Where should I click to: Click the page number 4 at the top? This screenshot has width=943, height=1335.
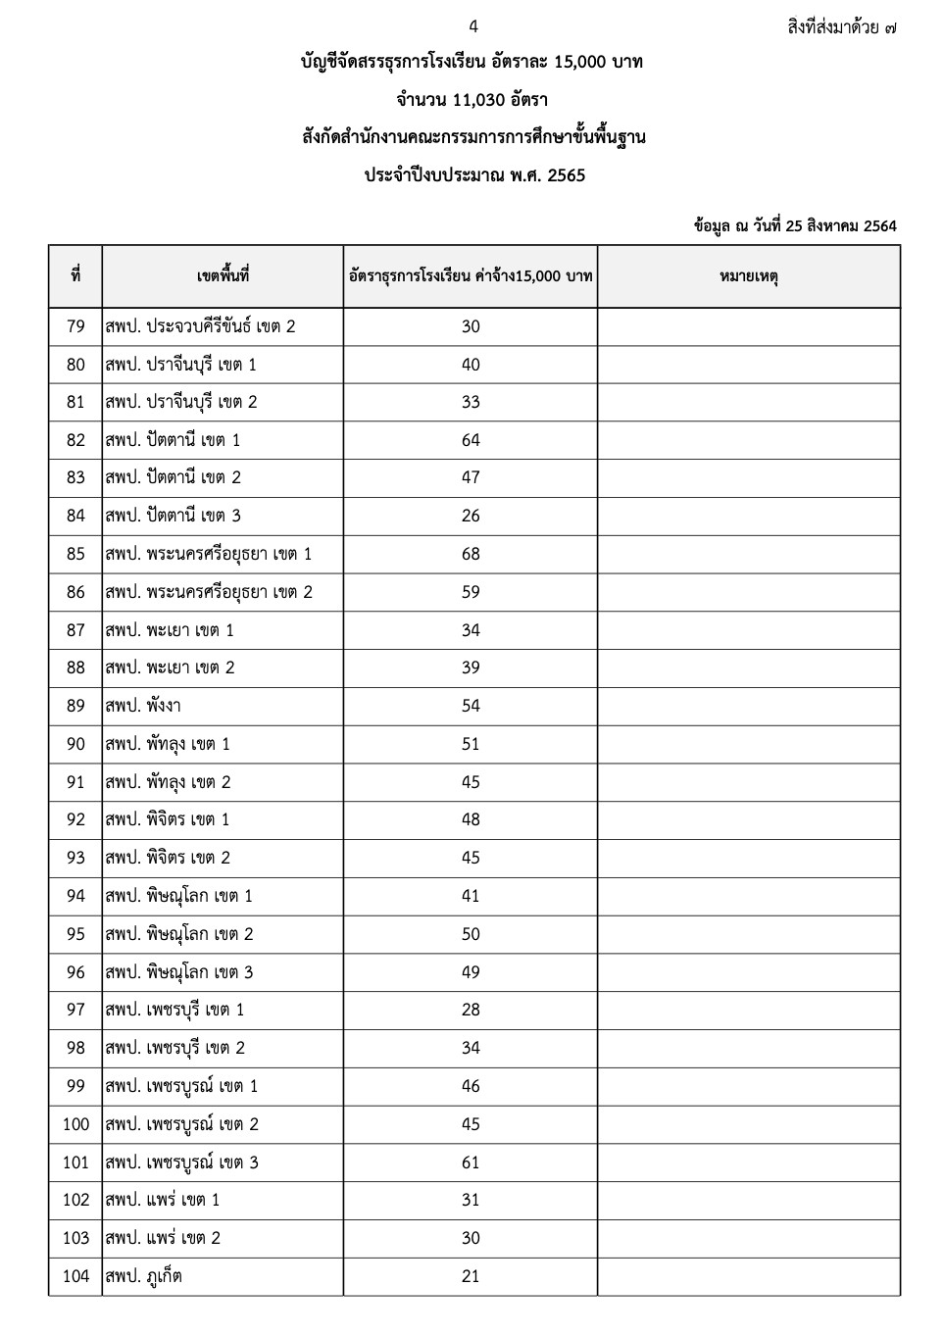coord(472,26)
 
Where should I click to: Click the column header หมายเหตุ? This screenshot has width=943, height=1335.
coord(748,276)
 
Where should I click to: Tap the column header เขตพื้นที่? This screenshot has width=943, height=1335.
coord(223,276)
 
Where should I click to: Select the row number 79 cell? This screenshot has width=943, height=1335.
coord(75,326)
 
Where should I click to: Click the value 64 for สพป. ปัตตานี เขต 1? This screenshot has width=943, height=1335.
coord(471,440)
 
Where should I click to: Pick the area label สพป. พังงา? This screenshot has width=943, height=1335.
coord(143,706)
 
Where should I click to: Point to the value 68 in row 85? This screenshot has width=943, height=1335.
coord(471,554)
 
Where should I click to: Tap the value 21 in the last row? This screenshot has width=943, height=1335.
coord(471,1276)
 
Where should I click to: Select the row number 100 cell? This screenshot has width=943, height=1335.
coord(75,1124)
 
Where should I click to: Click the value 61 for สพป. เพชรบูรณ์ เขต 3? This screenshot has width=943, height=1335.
coord(471,1162)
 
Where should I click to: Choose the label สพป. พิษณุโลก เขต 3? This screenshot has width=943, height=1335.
coord(179,972)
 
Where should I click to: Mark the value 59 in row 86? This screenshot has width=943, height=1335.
coord(471,592)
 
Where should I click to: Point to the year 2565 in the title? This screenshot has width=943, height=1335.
coord(563,176)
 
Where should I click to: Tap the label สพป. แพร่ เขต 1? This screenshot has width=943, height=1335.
coord(163,1200)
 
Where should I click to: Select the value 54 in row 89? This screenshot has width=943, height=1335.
coord(471,706)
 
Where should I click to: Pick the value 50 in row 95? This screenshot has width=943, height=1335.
coord(471,934)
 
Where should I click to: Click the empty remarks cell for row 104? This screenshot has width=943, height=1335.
coord(748,1276)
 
